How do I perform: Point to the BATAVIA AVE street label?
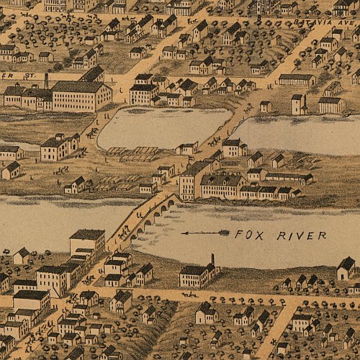(321, 22)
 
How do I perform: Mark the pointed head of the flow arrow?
(183, 233)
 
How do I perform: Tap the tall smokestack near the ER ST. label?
(46, 80)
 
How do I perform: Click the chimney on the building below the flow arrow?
(212, 259)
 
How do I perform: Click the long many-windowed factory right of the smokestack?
(81, 96)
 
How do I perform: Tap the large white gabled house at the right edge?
(346, 269)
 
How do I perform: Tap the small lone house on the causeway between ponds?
(187, 148)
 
